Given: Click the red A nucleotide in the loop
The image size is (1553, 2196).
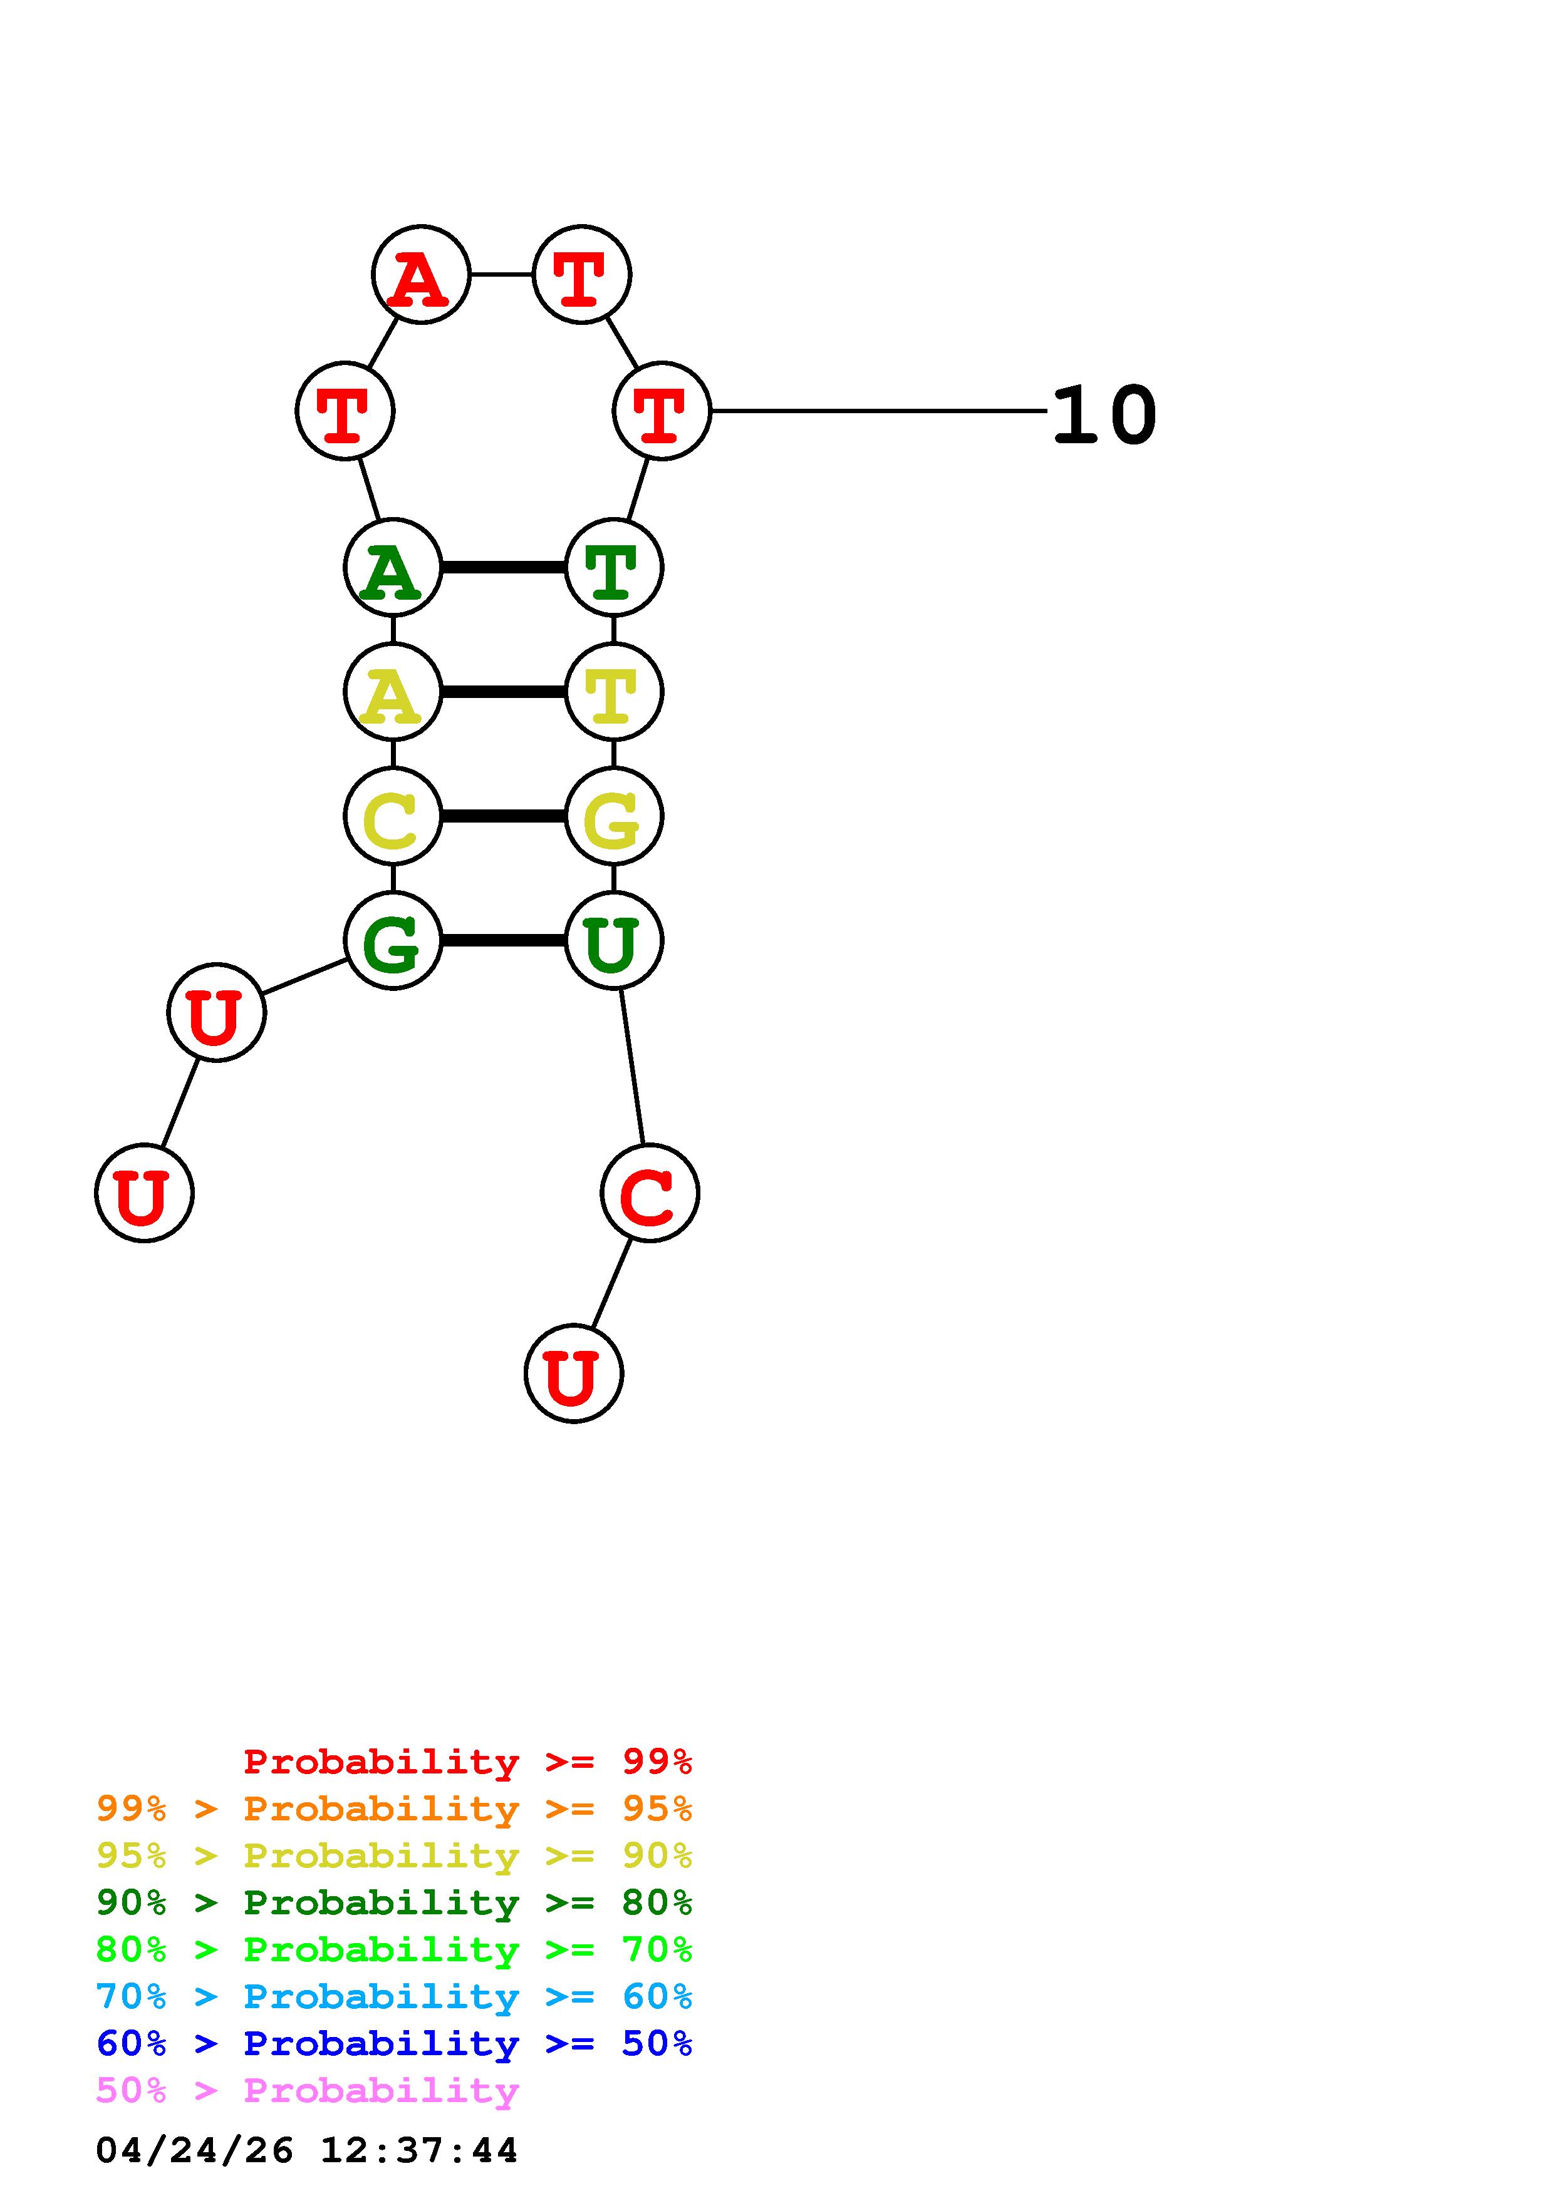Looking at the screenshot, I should tap(421, 275).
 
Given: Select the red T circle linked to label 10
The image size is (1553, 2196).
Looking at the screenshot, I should tap(661, 411).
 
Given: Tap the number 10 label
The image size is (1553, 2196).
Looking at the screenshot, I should tap(1104, 415).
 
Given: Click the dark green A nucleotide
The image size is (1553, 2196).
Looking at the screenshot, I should tap(392, 568).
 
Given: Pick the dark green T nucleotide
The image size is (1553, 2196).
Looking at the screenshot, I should tap(613, 568).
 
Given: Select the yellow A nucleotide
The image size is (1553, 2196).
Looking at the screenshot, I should tap(392, 692).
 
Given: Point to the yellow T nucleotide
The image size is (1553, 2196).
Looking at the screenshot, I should tap(613, 692).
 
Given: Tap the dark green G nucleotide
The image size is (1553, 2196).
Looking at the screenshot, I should tap(392, 941).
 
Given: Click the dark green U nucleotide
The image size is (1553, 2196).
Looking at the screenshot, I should tap(613, 941).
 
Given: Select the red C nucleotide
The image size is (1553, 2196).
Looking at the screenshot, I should tap(650, 1194).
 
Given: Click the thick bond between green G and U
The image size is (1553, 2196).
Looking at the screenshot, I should tap(503, 941).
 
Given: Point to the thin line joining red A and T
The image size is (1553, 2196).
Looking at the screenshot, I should tap(501, 274).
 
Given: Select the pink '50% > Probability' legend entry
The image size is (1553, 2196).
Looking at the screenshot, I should tap(307, 2091).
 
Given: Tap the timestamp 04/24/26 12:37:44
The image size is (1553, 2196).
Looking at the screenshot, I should tap(307, 2151).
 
